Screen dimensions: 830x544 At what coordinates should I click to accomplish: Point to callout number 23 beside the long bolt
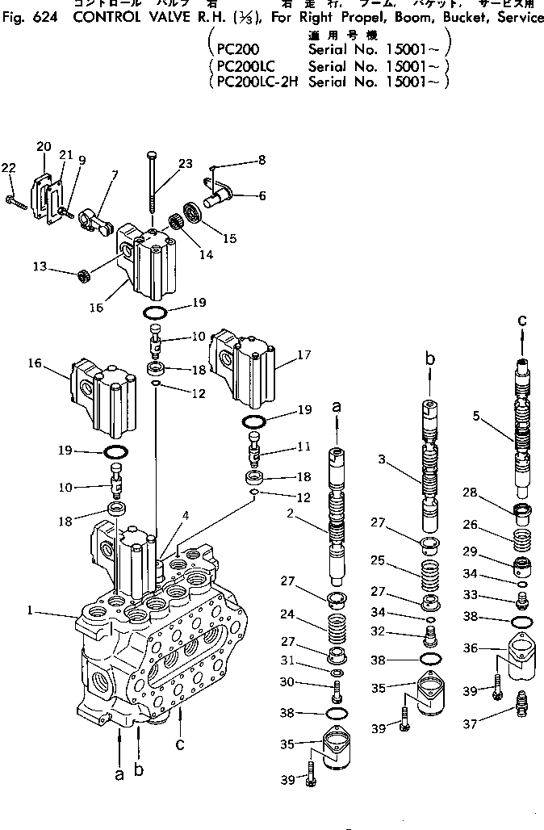(186, 164)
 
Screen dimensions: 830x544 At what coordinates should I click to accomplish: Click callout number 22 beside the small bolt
(8, 167)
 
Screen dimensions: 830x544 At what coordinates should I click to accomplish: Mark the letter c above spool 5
(522, 321)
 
